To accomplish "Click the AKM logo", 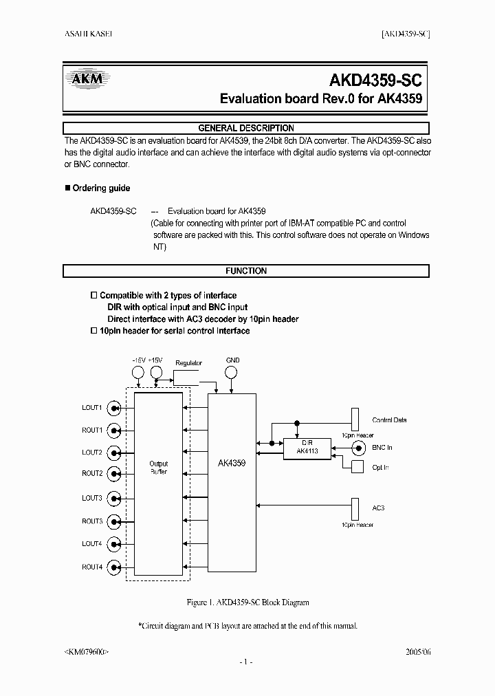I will tap(87, 78).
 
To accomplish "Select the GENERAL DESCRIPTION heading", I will tap(246, 128).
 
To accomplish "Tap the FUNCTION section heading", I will tap(246, 271).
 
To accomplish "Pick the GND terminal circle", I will tap(232, 372).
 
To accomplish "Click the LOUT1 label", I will tap(92, 408).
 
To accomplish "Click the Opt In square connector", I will tap(357, 467).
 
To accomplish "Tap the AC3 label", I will tap(378, 508).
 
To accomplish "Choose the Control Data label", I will tap(389, 420).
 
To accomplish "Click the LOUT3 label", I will tap(92, 498).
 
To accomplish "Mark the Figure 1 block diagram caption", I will tap(247, 602).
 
